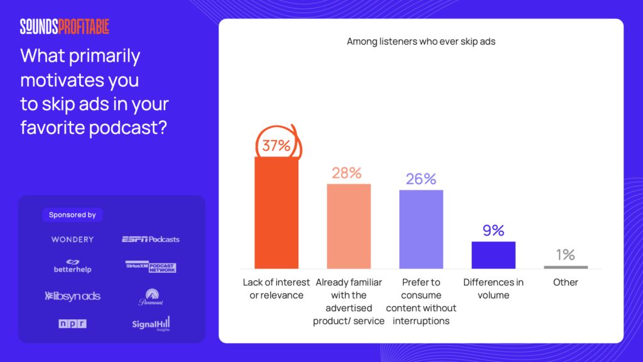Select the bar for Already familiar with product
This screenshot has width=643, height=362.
[349, 226]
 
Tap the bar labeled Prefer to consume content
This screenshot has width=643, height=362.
[421, 229]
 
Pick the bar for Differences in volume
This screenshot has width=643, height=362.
[493, 255]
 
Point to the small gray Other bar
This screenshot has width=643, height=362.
[565, 267]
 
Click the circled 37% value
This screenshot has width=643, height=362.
[276, 146]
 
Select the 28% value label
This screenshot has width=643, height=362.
[347, 173]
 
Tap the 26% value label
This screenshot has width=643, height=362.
[421, 179]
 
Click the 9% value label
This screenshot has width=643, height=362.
[493, 231]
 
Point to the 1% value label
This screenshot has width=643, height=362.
[565, 255]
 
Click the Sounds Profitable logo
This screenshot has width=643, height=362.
[64, 26]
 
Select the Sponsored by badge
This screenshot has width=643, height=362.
[72, 215]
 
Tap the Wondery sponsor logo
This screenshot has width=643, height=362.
[72, 239]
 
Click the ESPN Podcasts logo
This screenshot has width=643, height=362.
[151, 239]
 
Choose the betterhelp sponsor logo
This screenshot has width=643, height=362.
[72, 266]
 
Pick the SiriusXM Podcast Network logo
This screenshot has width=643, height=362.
[151, 266]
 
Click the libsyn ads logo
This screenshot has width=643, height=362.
[72, 296]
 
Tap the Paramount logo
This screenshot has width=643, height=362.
[151, 297]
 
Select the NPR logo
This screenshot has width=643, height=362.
[72, 324]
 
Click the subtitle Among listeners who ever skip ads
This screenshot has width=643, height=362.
[421, 41]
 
